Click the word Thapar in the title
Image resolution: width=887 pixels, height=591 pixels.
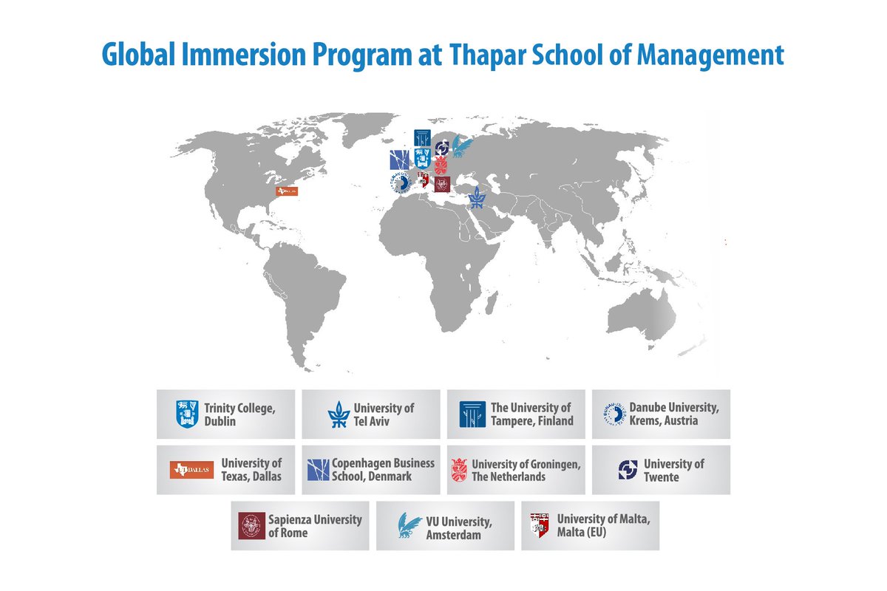tap(490, 55)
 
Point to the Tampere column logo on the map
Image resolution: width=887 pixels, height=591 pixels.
tap(423, 138)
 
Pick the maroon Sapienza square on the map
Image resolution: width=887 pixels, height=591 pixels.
tap(442, 184)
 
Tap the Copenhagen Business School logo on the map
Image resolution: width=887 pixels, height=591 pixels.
tap(399, 159)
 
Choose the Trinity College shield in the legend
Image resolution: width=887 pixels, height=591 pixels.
tap(187, 414)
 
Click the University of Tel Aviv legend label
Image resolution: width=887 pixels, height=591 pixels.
tap(384, 414)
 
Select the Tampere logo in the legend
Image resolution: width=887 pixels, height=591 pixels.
tap(472, 414)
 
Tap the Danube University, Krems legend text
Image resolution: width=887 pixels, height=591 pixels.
tap(673, 414)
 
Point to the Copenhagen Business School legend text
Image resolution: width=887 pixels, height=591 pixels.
tap(383, 470)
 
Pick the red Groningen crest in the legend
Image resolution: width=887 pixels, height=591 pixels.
tap(458, 470)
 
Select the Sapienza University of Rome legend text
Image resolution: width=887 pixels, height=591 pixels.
tap(315, 525)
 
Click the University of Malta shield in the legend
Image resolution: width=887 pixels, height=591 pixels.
tap(540, 525)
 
